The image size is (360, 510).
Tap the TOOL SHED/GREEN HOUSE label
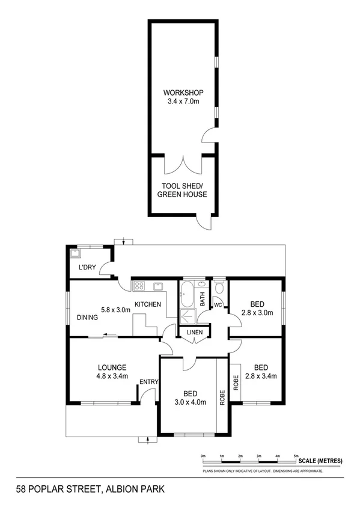182,190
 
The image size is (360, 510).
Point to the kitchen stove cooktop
139,286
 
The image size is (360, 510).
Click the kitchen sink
160,286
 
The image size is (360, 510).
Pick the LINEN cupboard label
195,333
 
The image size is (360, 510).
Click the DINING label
88,318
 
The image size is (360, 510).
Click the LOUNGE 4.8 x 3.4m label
112,372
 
